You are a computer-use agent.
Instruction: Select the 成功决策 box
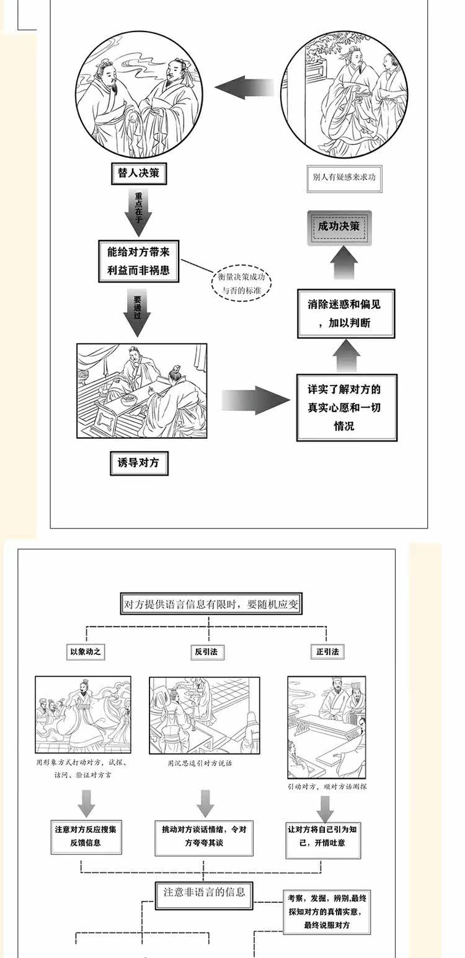[x=339, y=227]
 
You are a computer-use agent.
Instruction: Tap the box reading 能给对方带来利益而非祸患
[x=138, y=261]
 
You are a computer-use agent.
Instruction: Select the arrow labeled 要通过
[x=138, y=315]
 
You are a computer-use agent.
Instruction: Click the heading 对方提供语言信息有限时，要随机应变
[x=211, y=604]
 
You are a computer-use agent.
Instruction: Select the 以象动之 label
[x=87, y=652]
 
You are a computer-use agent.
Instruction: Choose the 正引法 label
[x=327, y=652]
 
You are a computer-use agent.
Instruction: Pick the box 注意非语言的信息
[x=205, y=893]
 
